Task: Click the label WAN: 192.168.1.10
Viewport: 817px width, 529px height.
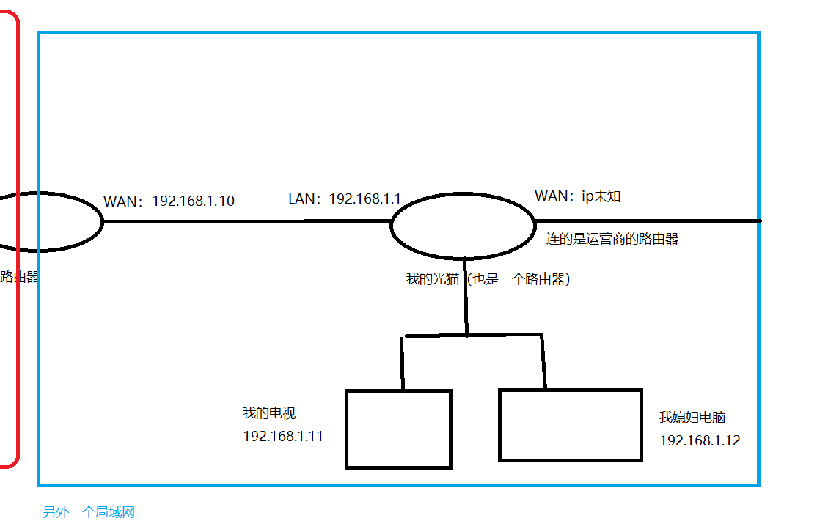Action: tap(169, 201)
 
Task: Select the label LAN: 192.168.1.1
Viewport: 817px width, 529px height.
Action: tap(345, 199)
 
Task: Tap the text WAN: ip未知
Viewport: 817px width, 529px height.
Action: tap(578, 196)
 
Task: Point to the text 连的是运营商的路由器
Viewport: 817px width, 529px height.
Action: tap(612, 239)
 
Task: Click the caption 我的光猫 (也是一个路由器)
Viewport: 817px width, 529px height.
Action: tap(488, 279)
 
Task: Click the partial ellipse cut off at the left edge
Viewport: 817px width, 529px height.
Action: tap(51, 221)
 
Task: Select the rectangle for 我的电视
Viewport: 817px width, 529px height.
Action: tap(398, 429)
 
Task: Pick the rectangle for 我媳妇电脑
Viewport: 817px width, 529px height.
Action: tap(571, 425)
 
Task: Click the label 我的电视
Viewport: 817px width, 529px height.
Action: tap(269, 413)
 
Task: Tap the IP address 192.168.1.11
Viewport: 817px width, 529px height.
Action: tap(283, 436)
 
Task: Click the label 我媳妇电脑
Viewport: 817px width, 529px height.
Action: tap(692, 418)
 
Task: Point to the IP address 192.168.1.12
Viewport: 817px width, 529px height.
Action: tap(700, 440)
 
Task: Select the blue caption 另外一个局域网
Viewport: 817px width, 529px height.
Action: tap(89, 512)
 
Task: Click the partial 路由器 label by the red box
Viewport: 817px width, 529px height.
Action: tap(20, 277)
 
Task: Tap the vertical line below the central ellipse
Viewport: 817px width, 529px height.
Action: tap(465, 297)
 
